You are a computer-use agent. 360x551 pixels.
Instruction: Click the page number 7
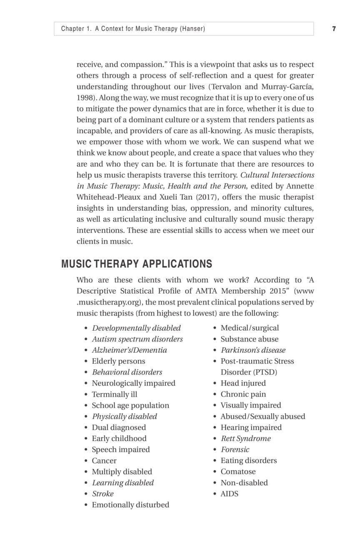tap(334, 29)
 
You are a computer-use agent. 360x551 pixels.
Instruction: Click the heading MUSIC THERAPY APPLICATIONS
tap(136, 264)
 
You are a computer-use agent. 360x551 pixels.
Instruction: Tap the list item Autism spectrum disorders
tap(137, 339)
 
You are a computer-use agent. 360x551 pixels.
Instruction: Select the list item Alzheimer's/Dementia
tap(129, 350)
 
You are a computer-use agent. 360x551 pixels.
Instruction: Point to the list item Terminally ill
tap(114, 394)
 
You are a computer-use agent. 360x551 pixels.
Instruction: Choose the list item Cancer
tap(104, 461)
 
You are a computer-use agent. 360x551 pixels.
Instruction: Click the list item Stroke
tap(102, 494)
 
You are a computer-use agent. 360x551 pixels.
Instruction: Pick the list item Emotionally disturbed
tap(130, 505)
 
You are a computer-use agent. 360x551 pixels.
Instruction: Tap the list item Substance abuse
tap(249, 339)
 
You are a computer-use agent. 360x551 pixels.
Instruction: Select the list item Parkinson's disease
tap(253, 350)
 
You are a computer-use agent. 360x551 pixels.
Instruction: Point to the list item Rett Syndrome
tap(245, 439)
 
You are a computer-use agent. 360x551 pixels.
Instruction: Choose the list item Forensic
tap(235, 449)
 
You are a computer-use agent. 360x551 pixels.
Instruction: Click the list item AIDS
tap(229, 494)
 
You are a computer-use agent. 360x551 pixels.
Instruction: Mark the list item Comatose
tap(238, 471)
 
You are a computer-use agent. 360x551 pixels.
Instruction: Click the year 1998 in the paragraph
tap(85, 97)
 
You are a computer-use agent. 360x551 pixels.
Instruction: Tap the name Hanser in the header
tap(192, 29)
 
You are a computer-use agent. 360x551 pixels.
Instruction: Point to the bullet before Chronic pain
tap(215, 394)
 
